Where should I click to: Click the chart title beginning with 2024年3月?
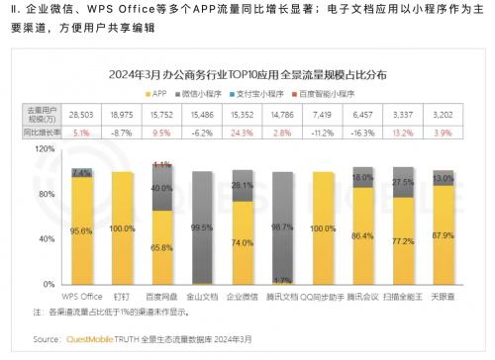coord(248,73)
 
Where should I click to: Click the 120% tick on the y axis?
coord(45,147)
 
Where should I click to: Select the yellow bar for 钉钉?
coord(121,227)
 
